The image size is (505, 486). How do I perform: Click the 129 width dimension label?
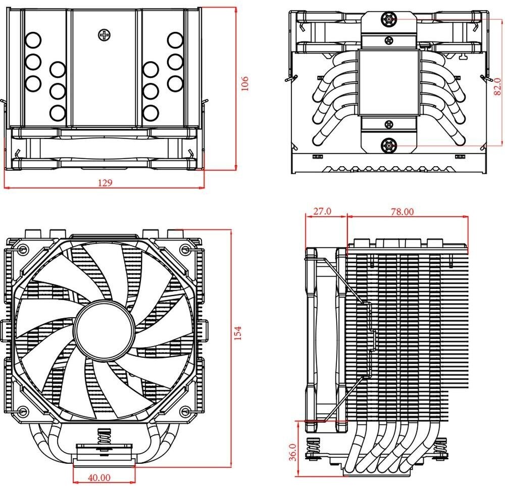(105, 182)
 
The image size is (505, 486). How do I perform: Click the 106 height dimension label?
(245, 83)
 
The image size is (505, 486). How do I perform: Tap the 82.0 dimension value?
(497, 86)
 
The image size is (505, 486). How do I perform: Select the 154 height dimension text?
(238, 333)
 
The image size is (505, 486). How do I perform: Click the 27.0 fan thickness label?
(322, 211)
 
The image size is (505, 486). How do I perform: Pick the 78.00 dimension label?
(401, 212)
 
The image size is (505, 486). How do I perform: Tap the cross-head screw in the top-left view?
(105, 35)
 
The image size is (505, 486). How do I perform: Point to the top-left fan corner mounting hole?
(23, 250)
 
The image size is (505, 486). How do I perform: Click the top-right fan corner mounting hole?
(185, 250)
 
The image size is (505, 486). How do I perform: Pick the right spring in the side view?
(443, 448)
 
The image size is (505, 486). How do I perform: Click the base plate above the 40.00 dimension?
(105, 458)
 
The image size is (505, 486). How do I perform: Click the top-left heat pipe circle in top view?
(33, 39)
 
